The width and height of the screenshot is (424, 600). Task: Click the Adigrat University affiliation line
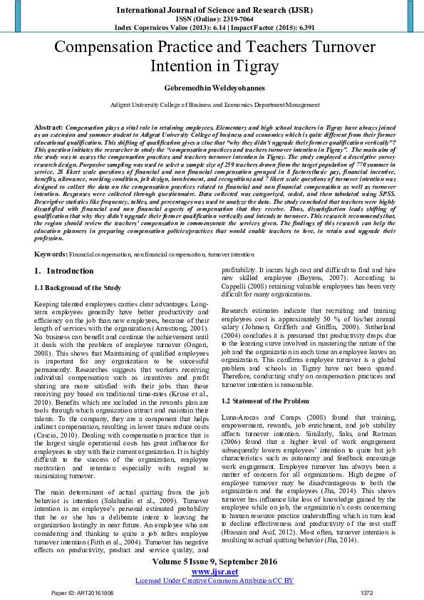212,105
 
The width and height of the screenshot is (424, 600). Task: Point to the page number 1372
367,593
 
